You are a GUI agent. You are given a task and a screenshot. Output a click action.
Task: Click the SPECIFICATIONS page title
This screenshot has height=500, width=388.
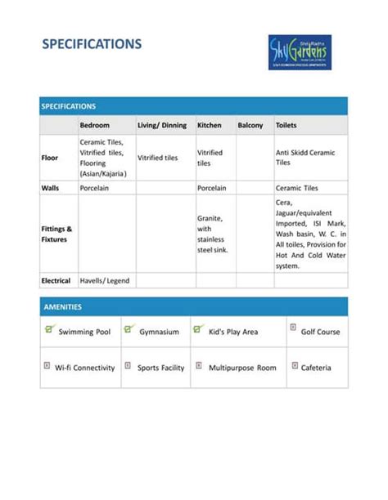click(92, 44)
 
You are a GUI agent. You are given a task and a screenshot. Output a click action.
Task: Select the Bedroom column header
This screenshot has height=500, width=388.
click(94, 126)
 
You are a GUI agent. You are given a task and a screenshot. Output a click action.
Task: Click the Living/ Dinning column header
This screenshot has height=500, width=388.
click(162, 126)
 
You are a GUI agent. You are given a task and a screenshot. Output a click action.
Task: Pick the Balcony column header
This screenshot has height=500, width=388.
click(250, 126)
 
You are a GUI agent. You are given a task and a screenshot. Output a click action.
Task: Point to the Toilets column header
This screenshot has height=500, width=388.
click(286, 126)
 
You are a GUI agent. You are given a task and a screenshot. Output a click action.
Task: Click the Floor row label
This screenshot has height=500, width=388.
click(49, 158)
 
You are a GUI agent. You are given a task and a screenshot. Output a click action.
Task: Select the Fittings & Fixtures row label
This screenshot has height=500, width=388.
click(56, 234)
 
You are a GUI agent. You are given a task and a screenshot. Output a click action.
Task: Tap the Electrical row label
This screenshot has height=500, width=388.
click(56, 281)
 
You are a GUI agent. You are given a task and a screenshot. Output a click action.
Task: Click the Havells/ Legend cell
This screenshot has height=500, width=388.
click(104, 281)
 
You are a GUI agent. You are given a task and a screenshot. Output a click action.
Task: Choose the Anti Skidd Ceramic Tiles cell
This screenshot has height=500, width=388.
click(305, 158)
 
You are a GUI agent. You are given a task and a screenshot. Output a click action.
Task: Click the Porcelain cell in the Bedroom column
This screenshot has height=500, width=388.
click(96, 188)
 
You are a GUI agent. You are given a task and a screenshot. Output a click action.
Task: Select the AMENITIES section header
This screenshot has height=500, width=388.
click(62, 307)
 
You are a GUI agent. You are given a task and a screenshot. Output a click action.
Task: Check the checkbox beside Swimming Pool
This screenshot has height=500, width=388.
click(49, 329)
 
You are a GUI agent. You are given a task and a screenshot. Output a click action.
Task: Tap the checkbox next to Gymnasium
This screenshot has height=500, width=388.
click(129, 329)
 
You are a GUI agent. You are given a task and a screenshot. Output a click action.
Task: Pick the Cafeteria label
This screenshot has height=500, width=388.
click(316, 368)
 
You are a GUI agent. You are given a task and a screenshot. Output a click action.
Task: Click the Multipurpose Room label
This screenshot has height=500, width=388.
click(242, 368)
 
